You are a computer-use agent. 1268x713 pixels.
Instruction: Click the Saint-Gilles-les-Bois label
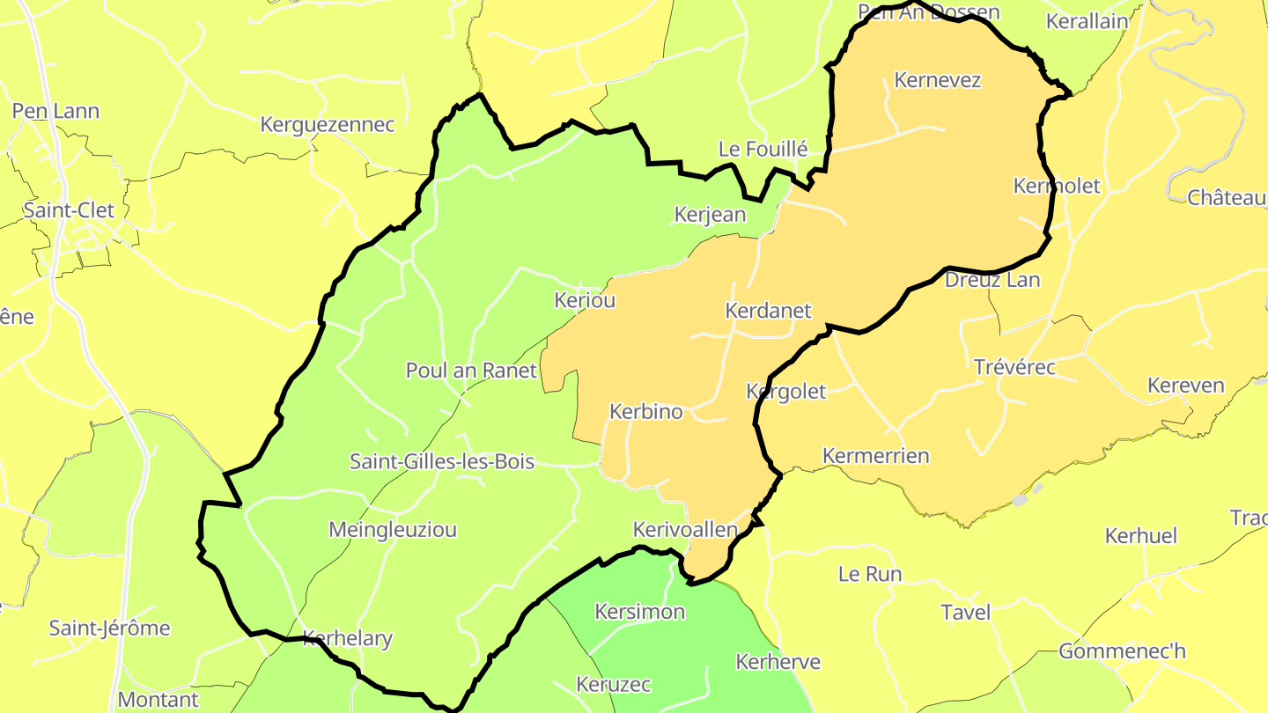tap(442, 461)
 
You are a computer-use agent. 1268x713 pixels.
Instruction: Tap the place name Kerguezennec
tap(328, 125)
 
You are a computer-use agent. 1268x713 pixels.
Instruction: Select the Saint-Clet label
tap(69, 211)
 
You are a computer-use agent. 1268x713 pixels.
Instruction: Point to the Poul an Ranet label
tap(471, 371)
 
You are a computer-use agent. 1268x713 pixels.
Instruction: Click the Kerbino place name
tap(646, 411)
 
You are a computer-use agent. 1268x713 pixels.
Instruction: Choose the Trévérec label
tap(1014, 367)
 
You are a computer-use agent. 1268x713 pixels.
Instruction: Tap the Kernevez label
tap(937, 80)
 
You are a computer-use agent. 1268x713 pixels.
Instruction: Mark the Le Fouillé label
tap(763, 150)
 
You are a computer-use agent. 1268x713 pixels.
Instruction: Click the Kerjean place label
tap(710, 215)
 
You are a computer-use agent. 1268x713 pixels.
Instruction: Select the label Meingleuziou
tap(393, 530)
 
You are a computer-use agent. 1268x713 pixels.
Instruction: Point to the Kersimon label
tap(640, 612)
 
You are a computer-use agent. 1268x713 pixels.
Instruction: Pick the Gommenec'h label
tap(1122, 651)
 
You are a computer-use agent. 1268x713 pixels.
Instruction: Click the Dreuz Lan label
tap(992, 281)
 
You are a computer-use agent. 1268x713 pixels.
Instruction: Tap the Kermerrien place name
tap(875, 456)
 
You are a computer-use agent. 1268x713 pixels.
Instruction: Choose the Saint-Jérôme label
tap(109, 628)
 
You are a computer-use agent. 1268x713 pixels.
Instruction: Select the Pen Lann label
tap(55, 112)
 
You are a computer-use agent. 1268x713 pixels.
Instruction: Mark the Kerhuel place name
tap(1140, 536)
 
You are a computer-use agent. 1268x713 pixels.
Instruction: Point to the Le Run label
tap(870, 575)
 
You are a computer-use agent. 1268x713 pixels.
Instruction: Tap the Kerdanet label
tap(768, 311)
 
